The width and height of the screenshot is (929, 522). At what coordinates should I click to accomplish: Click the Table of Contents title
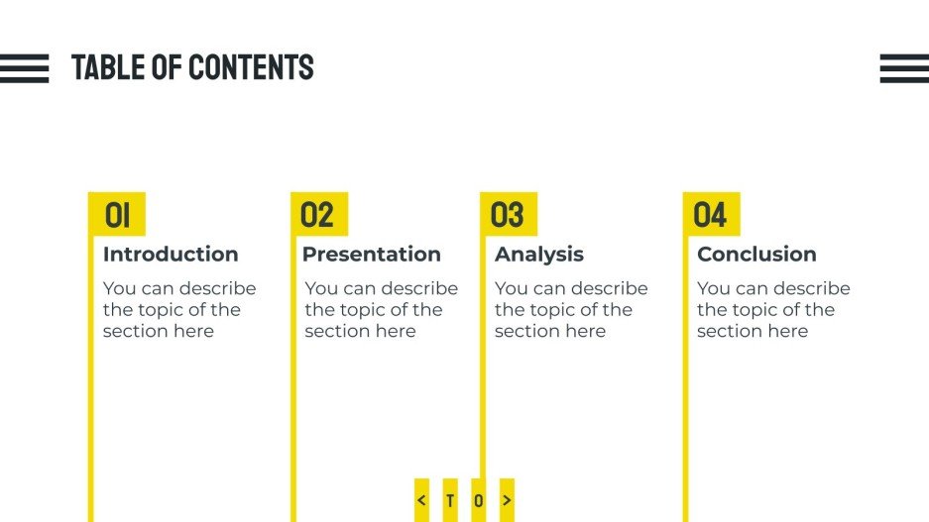192,67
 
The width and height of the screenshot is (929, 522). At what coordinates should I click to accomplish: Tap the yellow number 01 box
117,214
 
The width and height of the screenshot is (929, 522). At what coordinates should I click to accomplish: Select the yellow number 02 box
318,214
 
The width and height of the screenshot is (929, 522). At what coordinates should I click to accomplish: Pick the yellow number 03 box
508,214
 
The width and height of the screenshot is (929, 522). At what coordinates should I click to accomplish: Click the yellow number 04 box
711,214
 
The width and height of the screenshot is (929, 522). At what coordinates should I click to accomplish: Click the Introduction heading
171,255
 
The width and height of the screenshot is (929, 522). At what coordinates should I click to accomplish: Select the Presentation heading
371,255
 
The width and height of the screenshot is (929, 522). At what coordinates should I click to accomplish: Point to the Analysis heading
539,255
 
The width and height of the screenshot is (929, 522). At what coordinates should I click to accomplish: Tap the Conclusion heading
756,255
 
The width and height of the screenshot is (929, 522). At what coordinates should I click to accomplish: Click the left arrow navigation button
421,500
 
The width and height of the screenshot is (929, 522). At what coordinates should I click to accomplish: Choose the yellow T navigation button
450,500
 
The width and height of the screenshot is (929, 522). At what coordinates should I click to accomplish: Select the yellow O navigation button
479,500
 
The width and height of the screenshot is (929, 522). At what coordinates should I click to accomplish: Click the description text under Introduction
179,310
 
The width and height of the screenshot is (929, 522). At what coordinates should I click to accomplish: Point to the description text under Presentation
381,310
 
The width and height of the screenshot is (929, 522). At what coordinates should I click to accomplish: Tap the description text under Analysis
571,310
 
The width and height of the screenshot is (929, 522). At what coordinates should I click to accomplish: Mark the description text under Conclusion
773,310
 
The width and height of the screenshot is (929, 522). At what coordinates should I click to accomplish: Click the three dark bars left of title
24,68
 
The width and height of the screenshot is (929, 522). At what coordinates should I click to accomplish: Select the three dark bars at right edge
904,68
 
